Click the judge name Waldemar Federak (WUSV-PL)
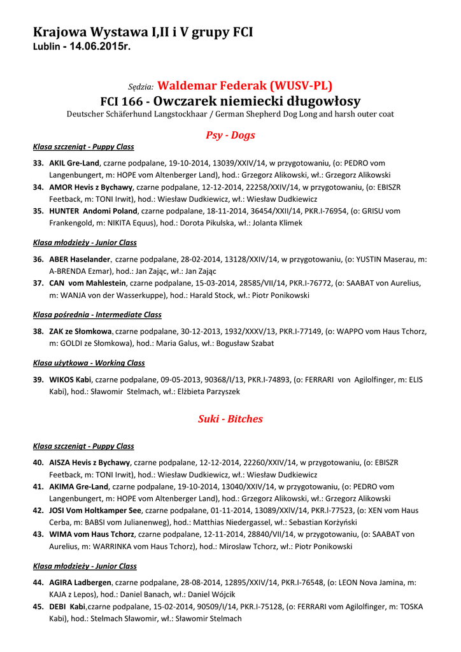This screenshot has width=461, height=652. [245, 85]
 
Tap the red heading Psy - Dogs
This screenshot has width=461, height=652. [230, 135]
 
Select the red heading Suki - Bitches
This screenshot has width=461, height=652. [230, 419]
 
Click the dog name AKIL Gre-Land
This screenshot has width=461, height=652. [74, 163]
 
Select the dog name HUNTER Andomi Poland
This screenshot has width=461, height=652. [93, 211]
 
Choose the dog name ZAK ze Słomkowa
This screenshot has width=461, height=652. [80, 331]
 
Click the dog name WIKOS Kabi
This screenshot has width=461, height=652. [70, 379]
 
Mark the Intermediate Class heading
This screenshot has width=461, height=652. [97, 315]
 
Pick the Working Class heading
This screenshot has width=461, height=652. [89, 363]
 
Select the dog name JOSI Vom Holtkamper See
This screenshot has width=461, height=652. [96, 510]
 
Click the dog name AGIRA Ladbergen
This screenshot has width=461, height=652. [80, 582]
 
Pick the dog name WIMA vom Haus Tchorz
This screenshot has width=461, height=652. [92, 534]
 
